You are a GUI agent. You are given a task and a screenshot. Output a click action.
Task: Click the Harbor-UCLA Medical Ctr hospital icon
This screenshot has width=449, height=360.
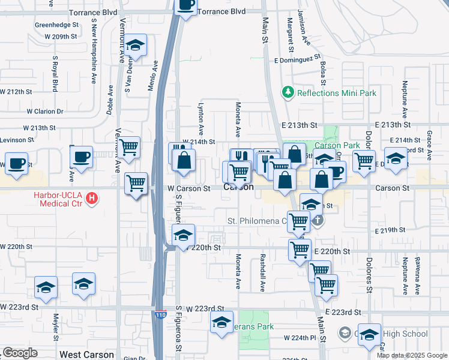91,197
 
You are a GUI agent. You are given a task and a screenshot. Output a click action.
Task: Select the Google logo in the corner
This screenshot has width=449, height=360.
20,353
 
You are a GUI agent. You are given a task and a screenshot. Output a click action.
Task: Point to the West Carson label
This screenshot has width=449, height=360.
87,355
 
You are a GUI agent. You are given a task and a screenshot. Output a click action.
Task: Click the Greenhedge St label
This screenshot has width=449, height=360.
57,25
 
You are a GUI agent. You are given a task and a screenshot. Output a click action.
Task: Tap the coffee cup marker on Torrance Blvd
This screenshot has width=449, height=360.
185,6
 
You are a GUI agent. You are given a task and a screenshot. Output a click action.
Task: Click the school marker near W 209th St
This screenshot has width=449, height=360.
136,46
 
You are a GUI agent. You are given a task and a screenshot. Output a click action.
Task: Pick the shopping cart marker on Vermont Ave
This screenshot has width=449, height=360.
129,147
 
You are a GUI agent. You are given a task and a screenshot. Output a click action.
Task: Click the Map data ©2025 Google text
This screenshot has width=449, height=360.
412,355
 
